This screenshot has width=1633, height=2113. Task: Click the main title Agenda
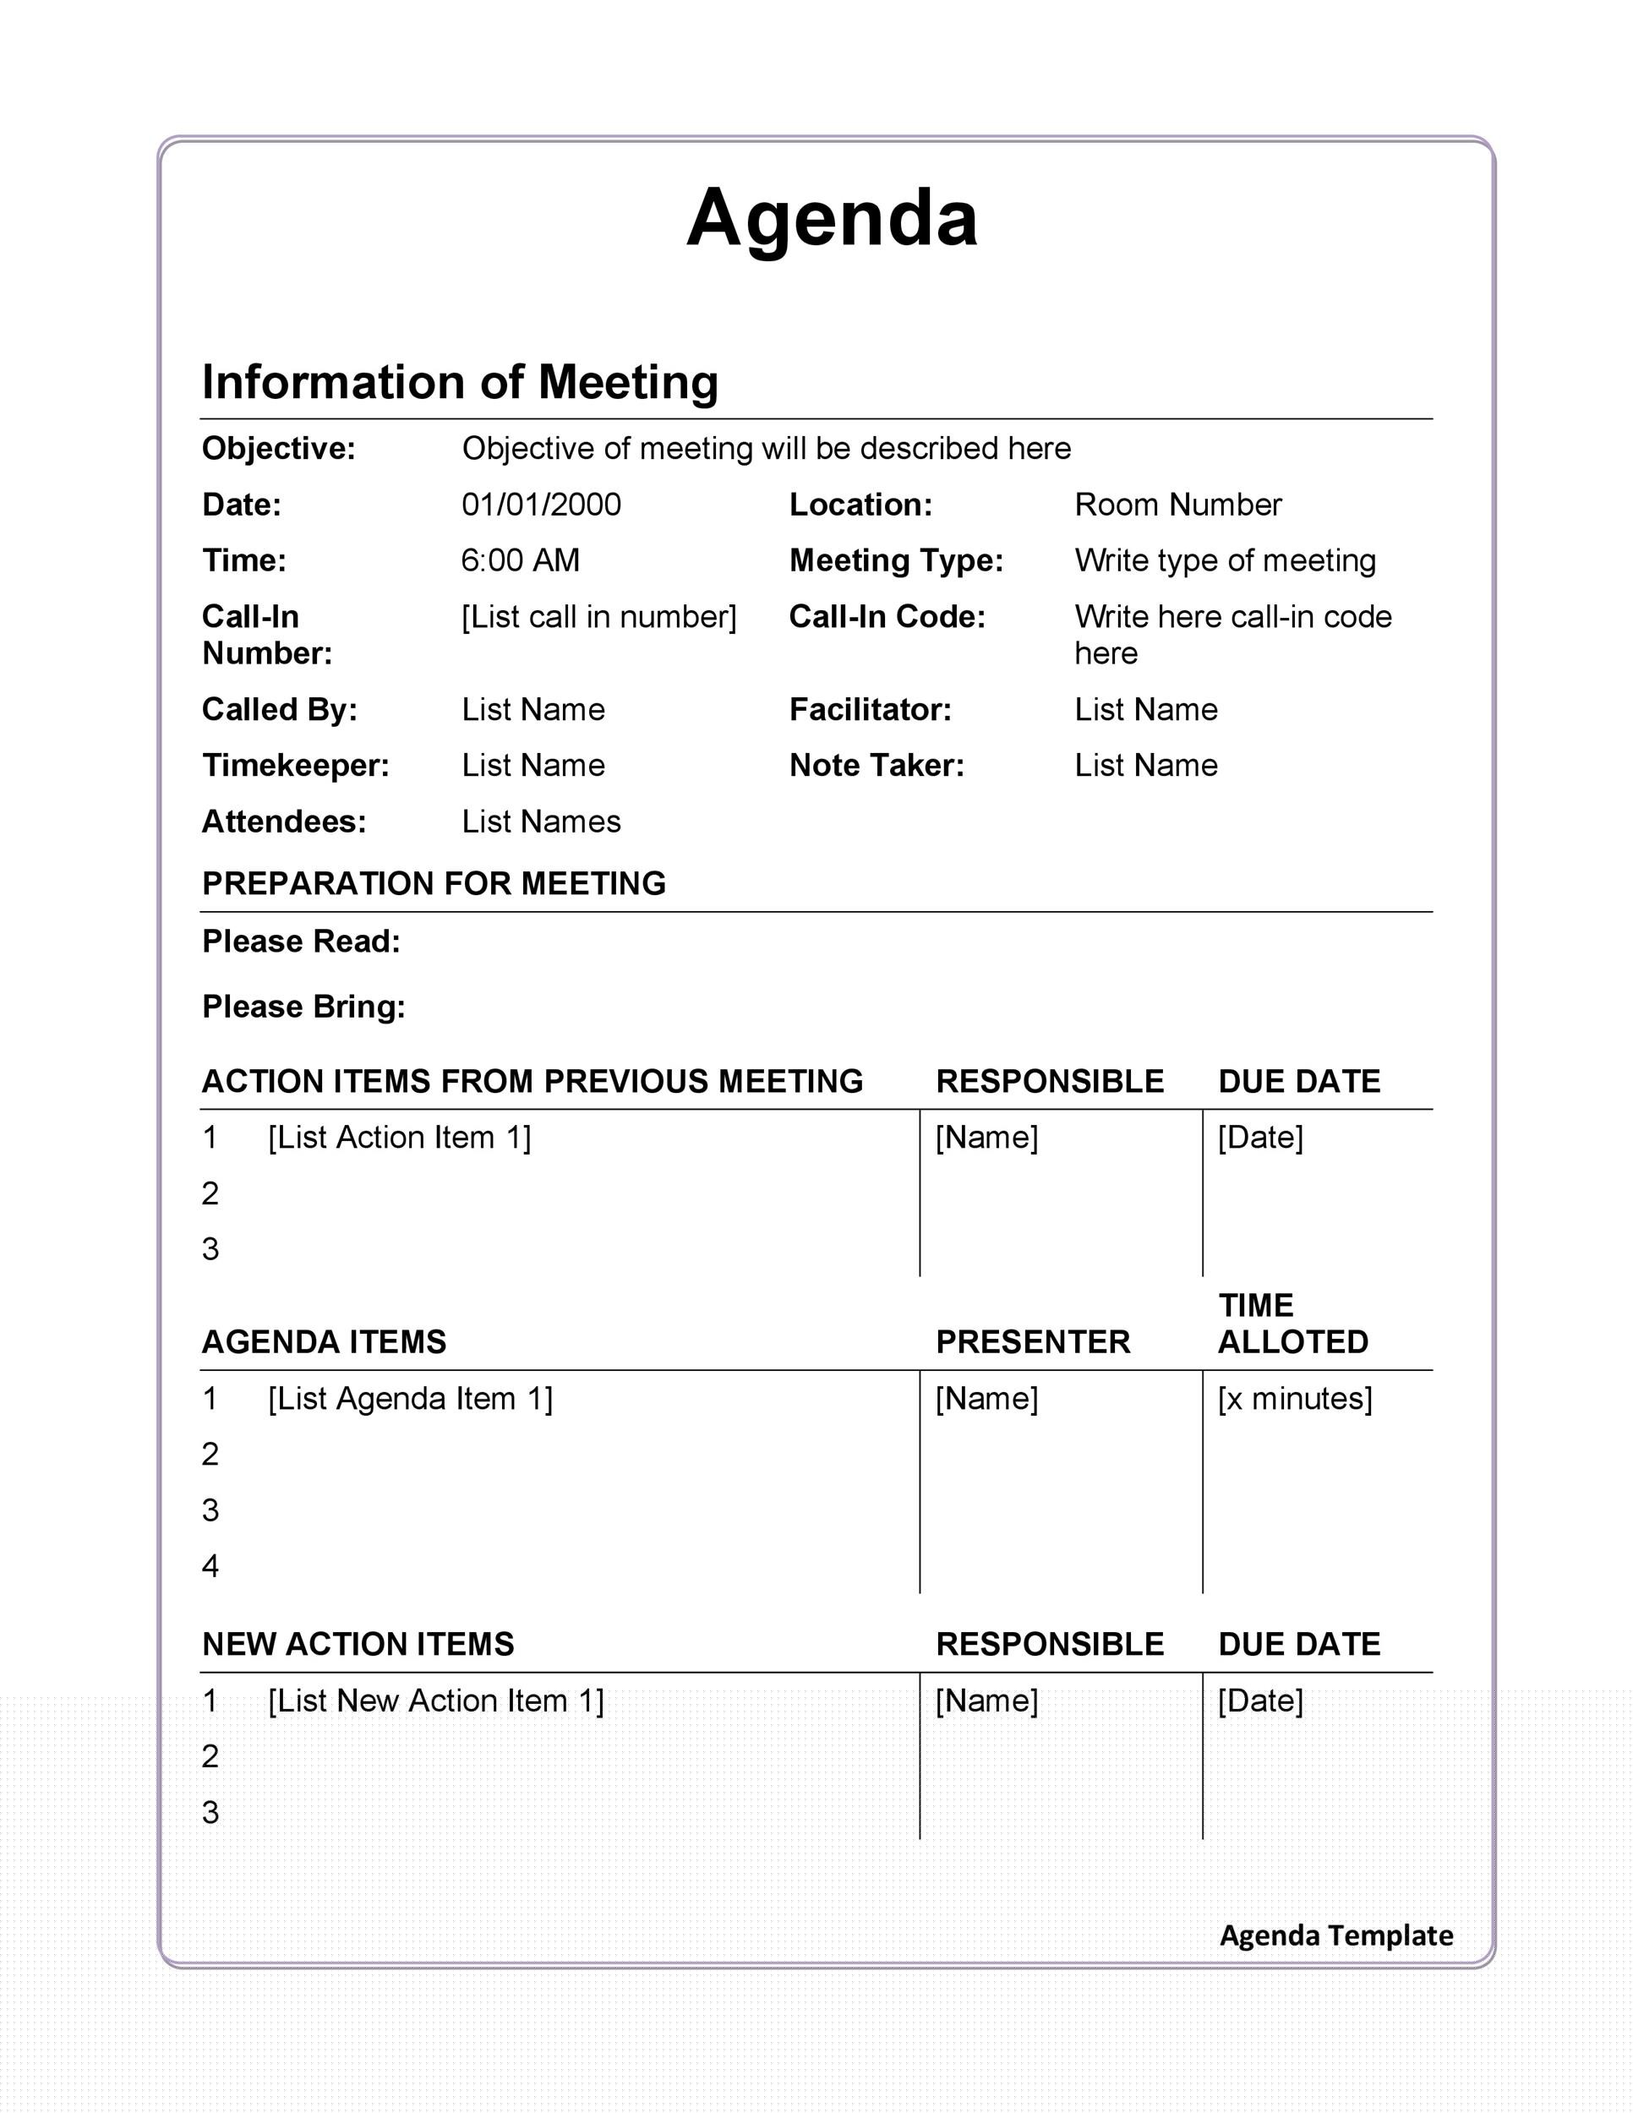point(831,219)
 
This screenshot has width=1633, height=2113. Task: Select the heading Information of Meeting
point(460,382)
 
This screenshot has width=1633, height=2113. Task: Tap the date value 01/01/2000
point(541,505)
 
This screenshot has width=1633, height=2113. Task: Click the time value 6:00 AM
point(520,561)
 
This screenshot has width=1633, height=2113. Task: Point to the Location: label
point(860,505)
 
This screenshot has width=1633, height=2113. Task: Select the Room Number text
point(1177,505)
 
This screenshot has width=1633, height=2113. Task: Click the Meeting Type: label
point(896,561)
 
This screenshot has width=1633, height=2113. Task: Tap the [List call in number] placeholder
point(598,617)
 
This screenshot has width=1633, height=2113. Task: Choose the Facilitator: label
point(870,710)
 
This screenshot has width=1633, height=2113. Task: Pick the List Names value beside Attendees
point(541,822)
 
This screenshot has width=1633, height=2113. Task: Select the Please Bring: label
point(303,1007)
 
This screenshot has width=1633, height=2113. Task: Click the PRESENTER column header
point(1032,1343)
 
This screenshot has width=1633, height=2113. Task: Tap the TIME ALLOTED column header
point(1292,1324)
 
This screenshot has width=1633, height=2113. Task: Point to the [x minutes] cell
point(1294,1399)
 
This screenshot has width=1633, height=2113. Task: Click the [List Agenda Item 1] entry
point(410,1399)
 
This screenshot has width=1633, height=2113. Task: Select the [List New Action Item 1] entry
point(435,1701)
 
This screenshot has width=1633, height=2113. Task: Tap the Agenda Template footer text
point(1336,1935)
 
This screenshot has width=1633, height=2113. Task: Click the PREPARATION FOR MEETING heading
point(434,884)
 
